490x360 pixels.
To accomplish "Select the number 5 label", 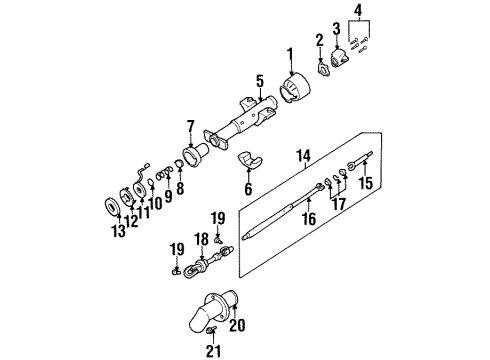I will tap(258, 80).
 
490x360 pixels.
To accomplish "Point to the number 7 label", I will tap(191, 127).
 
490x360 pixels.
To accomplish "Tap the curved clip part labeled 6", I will tap(255, 160).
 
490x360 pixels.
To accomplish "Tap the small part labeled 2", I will tap(324, 68).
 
